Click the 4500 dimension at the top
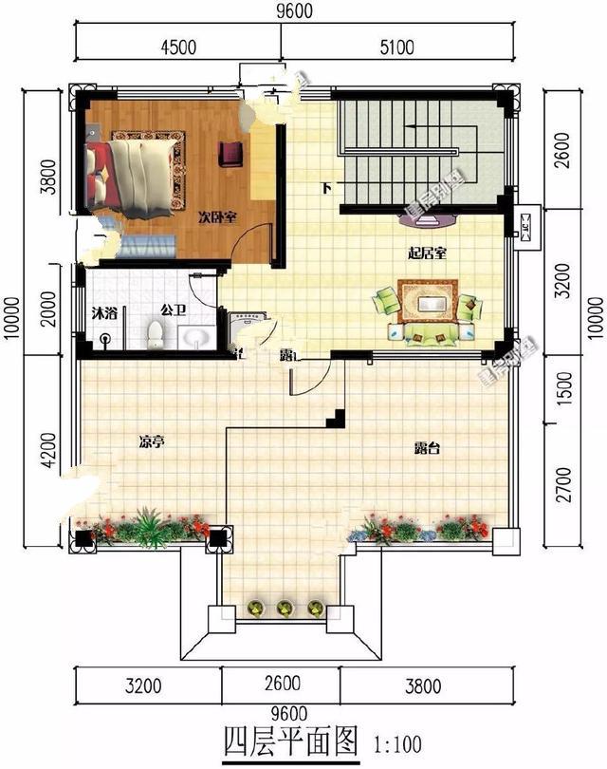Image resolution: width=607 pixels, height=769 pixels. coord(177,48)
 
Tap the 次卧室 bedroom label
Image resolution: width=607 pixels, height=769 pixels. coord(217,216)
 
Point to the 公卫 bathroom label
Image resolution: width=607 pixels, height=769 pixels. coord(172,309)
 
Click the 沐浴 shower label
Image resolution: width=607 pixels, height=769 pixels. coord(104,310)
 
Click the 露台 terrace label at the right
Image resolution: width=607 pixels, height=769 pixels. coord(427,447)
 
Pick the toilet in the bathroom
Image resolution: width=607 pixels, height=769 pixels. coord(156,332)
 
